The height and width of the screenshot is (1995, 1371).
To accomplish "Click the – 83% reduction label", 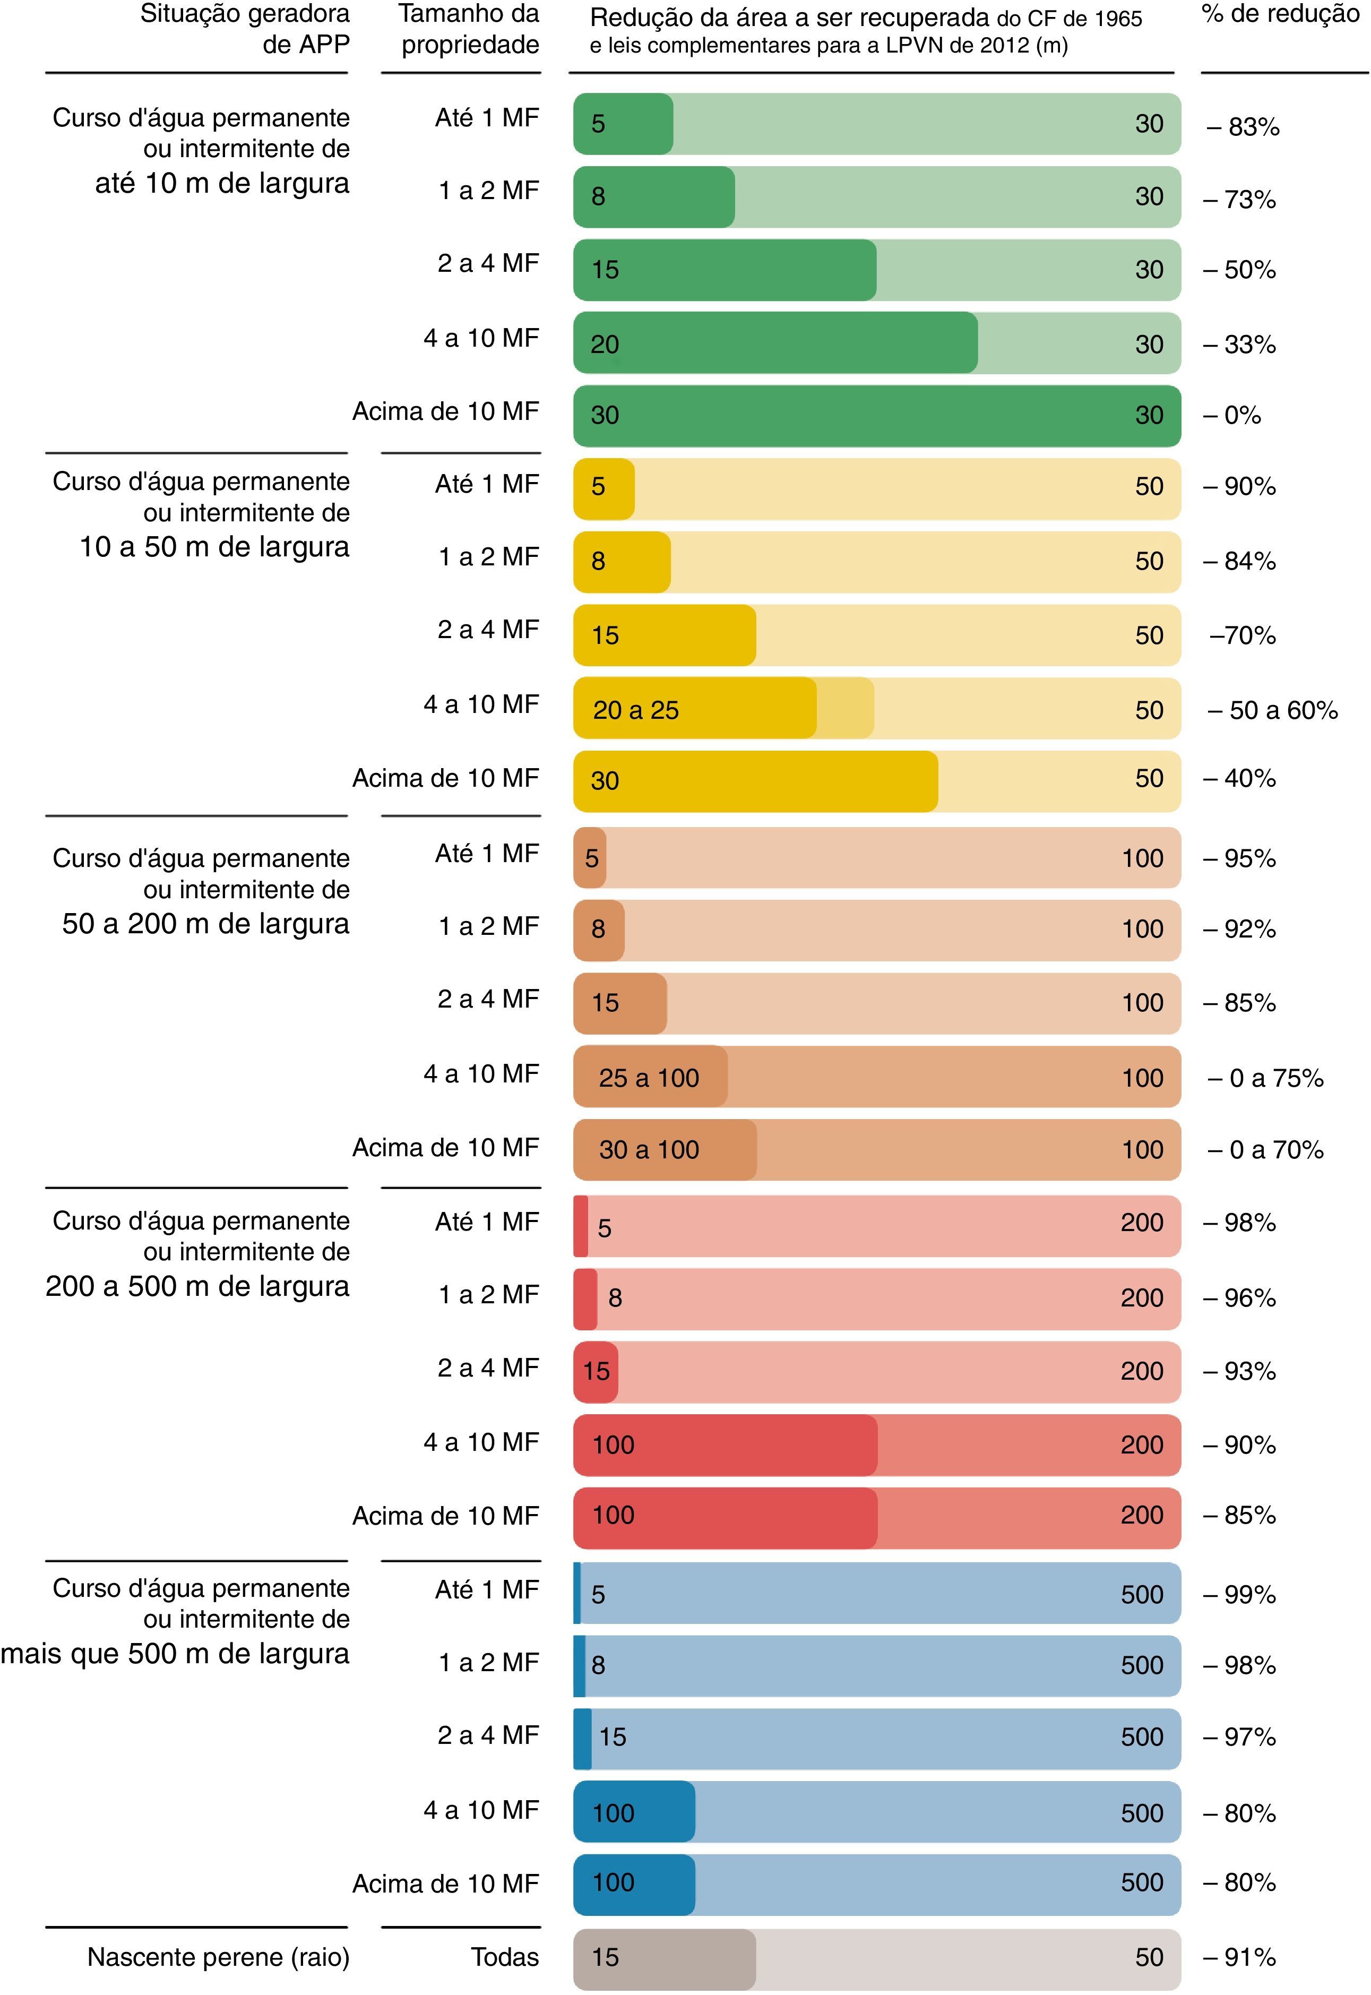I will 1243,127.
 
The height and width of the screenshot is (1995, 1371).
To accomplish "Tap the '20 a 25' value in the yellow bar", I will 636,710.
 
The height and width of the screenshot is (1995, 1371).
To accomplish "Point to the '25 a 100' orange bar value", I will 649,1078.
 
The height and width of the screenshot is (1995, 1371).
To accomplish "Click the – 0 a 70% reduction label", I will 1265,1149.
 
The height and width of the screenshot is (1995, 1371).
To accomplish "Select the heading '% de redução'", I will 1280,15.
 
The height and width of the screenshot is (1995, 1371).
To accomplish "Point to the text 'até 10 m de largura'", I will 222,183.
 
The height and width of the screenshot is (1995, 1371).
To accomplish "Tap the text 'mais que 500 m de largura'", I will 175,1653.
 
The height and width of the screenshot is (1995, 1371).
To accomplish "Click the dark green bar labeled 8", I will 654,197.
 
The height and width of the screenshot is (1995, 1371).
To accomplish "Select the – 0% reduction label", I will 1232,416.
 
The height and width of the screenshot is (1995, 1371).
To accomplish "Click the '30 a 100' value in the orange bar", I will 649,1149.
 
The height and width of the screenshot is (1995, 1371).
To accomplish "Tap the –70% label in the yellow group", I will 1242,636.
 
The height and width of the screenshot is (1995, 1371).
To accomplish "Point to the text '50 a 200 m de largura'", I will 206,924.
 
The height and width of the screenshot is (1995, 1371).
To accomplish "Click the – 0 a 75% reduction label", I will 1265,1078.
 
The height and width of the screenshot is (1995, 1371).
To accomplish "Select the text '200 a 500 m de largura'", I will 197,1286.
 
